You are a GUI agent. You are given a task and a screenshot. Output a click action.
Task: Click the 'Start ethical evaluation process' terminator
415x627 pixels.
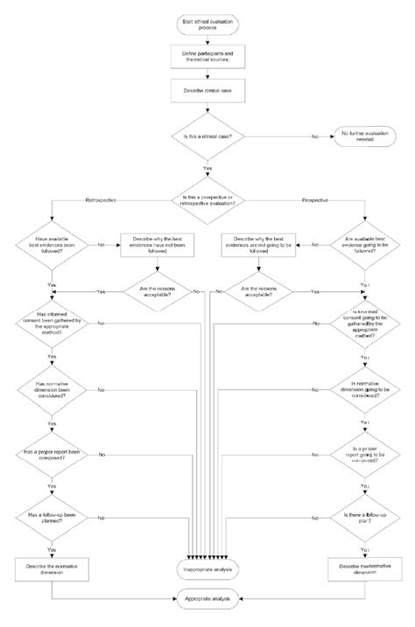click(207, 23)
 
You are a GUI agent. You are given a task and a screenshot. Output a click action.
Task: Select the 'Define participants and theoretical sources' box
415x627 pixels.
click(207, 57)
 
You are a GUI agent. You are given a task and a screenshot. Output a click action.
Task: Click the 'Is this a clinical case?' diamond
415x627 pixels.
click(207, 136)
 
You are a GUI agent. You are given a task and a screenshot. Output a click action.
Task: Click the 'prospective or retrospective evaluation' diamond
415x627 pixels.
click(207, 200)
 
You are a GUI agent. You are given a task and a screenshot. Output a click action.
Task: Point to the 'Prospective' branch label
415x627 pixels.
click(313, 200)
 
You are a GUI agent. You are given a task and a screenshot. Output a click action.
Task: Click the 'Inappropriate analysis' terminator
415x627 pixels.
click(207, 569)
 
